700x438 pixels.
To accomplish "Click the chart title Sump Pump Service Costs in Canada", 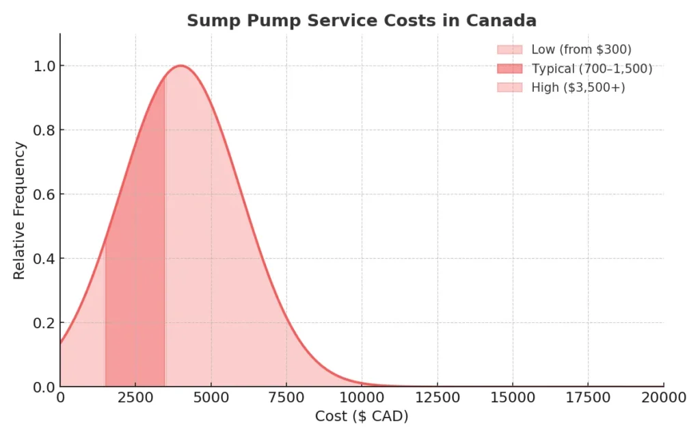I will (x=362, y=21).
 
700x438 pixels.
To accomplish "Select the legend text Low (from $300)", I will (x=581, y=49).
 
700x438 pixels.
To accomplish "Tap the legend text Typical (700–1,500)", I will (x=591, y=68).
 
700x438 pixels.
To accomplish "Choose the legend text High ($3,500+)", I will (x=578, y=87).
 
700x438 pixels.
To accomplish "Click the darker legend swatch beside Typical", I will (x=509, y=68).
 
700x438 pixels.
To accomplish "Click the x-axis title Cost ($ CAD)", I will (x=362, y=416).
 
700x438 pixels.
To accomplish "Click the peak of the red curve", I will (x=181, y=66).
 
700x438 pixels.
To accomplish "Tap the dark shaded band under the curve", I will (x=135, y=274).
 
